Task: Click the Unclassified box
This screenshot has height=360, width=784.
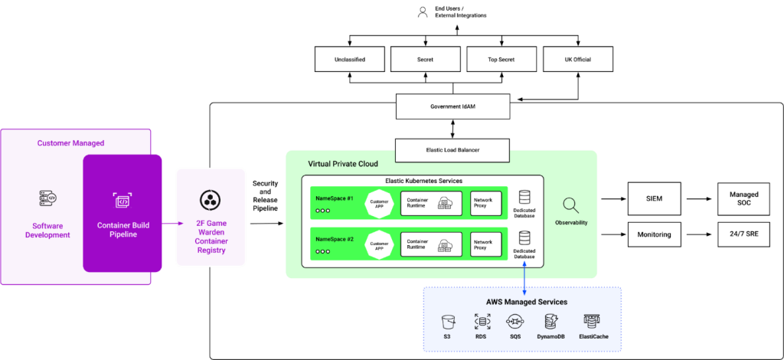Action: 349,59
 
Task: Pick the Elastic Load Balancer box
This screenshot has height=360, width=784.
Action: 452,151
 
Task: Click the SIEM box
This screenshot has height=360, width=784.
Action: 654,198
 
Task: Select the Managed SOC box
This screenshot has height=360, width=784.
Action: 743,198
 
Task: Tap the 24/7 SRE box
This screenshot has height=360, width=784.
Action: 743,234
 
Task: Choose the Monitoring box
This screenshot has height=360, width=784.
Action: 654,234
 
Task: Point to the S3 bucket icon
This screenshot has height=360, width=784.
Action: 449,322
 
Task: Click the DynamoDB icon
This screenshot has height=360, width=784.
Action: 550,322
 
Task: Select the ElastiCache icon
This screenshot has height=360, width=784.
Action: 593,322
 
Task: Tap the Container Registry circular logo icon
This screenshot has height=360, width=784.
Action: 211,200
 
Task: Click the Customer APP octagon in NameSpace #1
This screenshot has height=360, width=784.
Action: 379,204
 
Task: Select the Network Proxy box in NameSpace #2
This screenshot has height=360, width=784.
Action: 486,244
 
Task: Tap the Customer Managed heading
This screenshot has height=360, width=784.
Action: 71,143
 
